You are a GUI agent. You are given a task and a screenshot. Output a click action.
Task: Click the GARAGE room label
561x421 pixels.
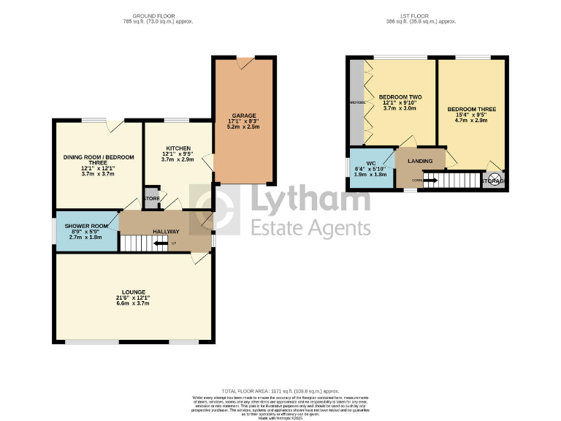(x=244, y=115)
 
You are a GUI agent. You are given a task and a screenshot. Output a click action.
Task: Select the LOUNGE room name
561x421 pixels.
(x=134, y=292)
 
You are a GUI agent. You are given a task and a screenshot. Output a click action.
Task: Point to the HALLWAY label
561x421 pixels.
(x=166, y=232)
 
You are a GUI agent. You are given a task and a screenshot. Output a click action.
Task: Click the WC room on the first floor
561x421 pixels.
(x=370, y=163)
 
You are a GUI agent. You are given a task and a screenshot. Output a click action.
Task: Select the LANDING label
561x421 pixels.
(x=420, y=161)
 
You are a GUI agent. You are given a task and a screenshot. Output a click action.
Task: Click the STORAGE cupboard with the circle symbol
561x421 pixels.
(x=495, y=181)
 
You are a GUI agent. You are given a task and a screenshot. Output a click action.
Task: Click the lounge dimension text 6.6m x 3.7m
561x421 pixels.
(x=134, y=303)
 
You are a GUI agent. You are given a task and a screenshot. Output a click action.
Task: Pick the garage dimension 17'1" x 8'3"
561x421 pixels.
(x=244, y=121)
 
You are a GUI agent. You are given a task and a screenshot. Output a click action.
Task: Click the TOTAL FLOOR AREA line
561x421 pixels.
(x=280, y=391)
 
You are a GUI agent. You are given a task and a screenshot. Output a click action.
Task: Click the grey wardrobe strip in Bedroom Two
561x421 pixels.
(x=356, y=102)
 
